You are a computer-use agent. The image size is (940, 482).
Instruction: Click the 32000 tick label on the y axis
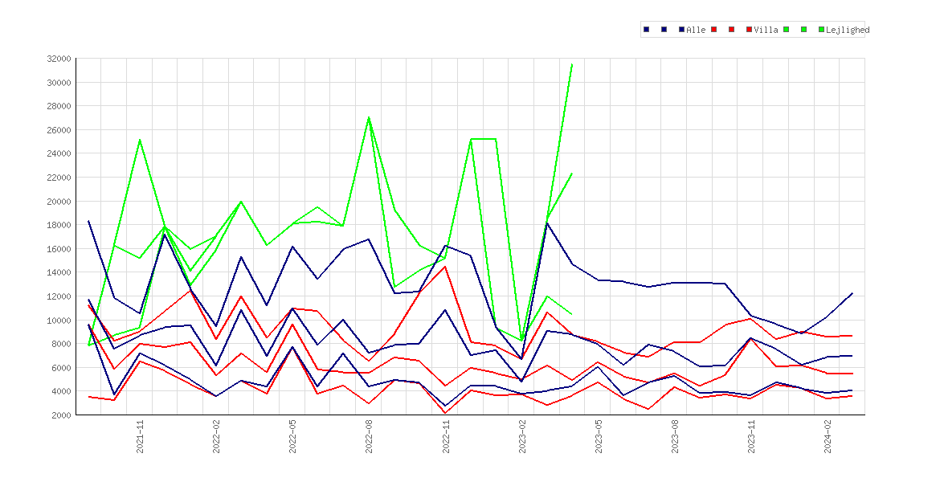coord(58,59)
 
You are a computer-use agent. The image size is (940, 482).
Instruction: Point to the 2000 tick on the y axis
coord(60,415)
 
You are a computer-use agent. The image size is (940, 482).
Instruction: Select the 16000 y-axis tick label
coord(58,249)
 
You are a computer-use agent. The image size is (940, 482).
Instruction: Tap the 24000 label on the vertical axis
coord(58,153)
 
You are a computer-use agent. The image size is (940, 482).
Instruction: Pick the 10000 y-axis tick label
coord(58,321)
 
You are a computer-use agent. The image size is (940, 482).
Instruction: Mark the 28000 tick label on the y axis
coord(58,106)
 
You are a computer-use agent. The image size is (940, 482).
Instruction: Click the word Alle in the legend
coord(696,30)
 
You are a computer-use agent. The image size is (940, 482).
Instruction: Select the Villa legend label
coord(766,30)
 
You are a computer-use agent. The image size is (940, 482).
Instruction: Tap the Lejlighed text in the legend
coord(848,30)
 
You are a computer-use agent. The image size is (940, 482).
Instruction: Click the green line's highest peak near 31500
coord(573,64)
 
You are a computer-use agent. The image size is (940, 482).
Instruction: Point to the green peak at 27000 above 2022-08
coord(369,117)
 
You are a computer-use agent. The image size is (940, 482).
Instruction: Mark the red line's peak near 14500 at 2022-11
coord(445,267)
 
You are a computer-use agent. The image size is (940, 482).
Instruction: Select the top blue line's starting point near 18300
coord(88,221)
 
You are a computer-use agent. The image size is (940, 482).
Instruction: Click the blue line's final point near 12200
coord(852,293)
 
